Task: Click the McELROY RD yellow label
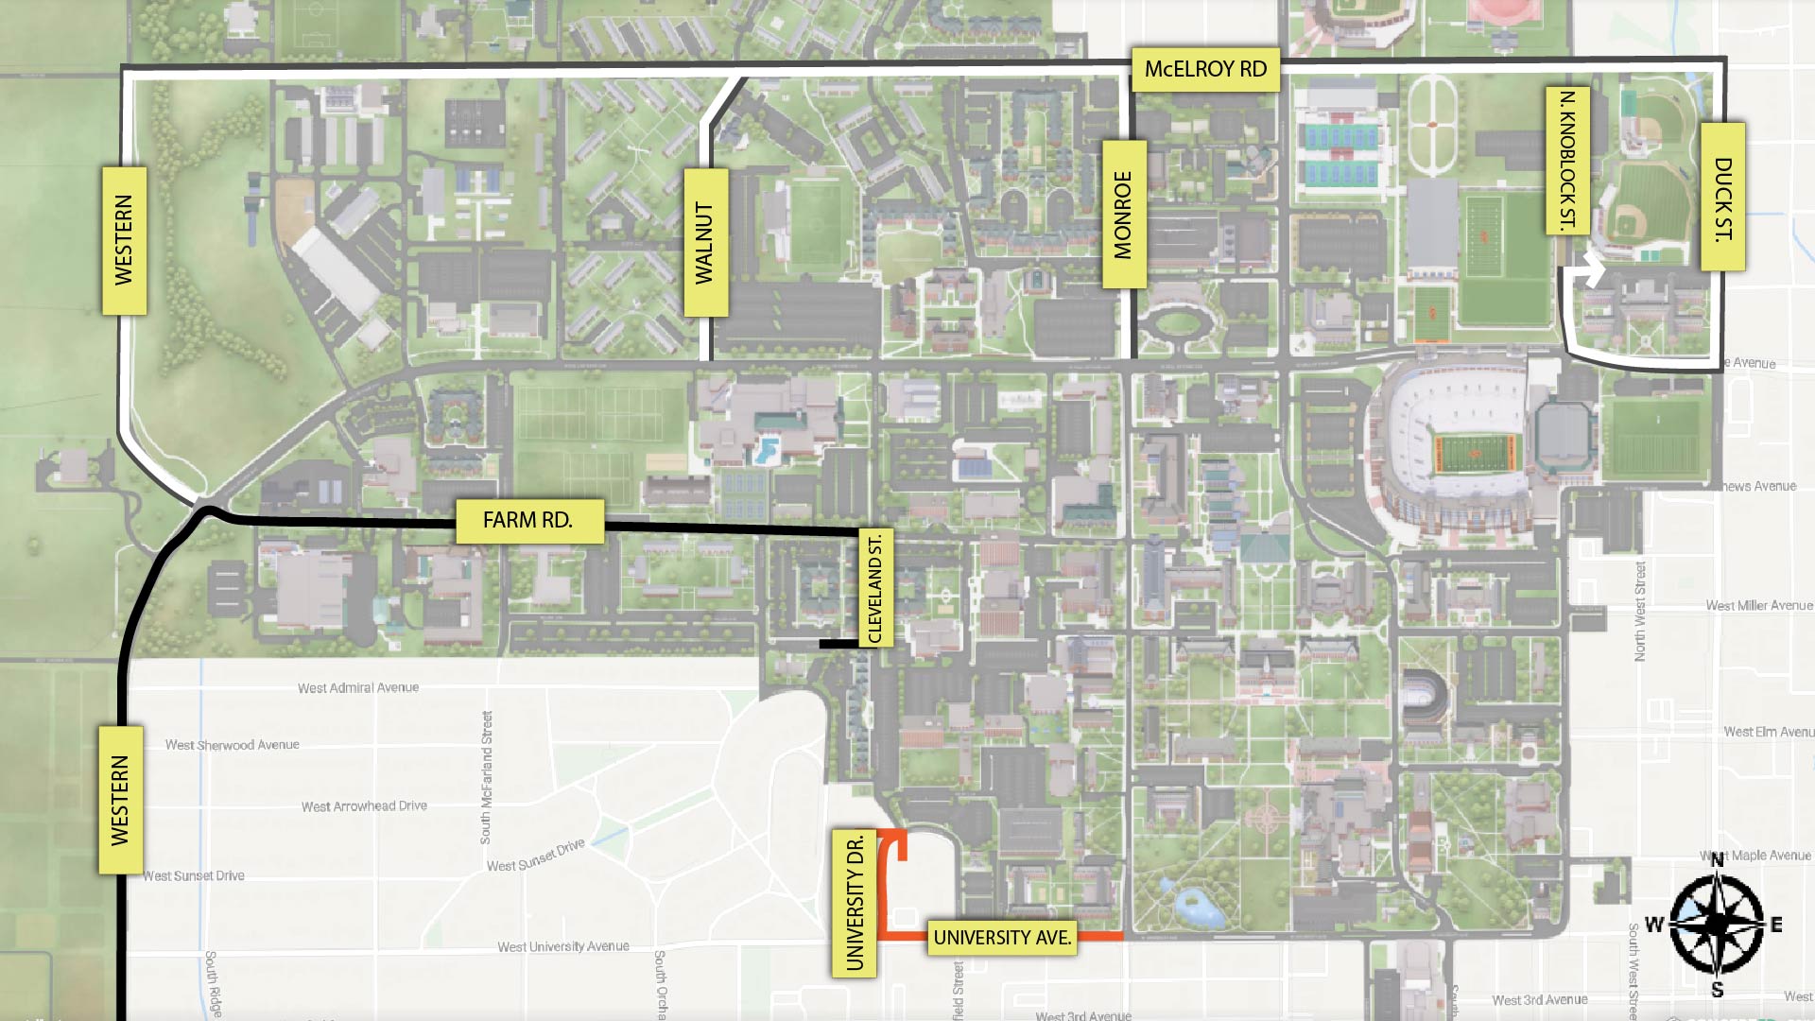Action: tap(1205, 69)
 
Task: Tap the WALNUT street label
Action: tap(705, 242)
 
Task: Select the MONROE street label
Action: tap(1124, 215)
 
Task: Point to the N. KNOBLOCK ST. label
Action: tap(1567, 161)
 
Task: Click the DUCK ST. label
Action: tap(1723, 198)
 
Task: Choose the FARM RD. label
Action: tap(529, 521)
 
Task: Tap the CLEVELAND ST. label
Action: tap(875, 589)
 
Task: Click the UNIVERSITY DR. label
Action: tap(855, 902)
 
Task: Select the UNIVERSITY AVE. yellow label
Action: tap(1002, 938)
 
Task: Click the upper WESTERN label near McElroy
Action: tap(124, 240)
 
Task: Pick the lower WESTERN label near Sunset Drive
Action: tap(120, 800)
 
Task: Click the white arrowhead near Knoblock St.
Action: tap(1595, 273)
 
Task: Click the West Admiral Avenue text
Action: tap(358, 688)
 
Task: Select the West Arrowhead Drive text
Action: tap(364, 806)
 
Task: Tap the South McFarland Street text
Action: tap(487, 777)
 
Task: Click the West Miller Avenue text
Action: tap(1759, 606)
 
